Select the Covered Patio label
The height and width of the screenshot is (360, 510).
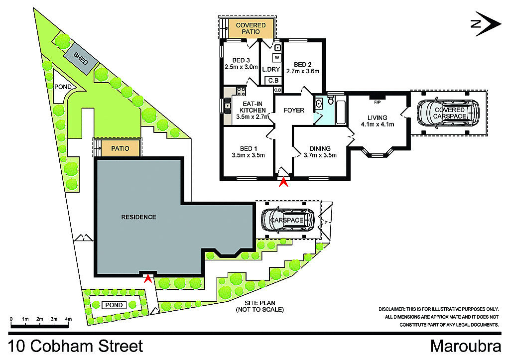(251, 28)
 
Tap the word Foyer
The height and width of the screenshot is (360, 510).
(293, 110)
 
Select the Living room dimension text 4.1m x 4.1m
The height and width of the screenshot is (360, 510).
(378, 124)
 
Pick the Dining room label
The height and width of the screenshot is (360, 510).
(320, 148)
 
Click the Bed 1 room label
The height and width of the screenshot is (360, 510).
(248, 149)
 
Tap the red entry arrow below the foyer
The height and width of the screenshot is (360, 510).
(283, 183)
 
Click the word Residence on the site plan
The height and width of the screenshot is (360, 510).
(138, 217)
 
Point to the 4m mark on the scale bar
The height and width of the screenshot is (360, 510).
(68, 319)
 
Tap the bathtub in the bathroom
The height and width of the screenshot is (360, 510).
(340, 112)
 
